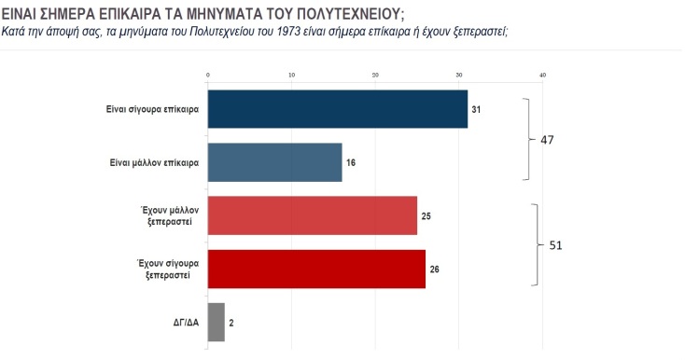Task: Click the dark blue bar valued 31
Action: pyautogui.click(x=336, y=109)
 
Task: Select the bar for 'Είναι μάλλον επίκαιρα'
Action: pyautogui.click(x=273, y=162)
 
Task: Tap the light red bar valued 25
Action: pyautogui.click(x=312, y=215)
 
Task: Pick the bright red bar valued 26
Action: pyautogui.click(x=315, y=269)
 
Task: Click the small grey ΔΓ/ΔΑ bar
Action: pyautogui.click(x=216, y=322)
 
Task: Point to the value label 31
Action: pyautogui.click(x=476, y=109)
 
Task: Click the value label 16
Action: pyautogui.click(x=351, y=162)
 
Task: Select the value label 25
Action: pyautogui.click(x=426, y=215)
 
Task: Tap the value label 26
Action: pyautogui.click(x=434, y=270)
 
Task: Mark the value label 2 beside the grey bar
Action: pyautogui.click(x=232, y=323)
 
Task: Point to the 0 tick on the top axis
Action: pyautogui.click(x=207, y=75)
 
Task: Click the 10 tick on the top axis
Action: pyautogui.click(x=291, y=75)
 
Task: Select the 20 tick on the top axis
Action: pyautogui.click(x=375, y=75)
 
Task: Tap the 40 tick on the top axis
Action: pyautogui.click(x=542, y=75)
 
